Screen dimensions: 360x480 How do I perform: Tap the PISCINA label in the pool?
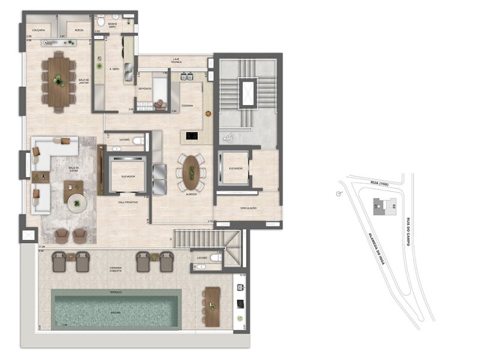click(x=116, y=313)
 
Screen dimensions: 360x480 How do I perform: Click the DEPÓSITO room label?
click(x=145, y=88)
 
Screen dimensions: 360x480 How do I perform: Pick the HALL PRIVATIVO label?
click(x=127, y=202)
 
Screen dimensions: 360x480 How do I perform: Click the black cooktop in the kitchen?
click(x=192, y=136)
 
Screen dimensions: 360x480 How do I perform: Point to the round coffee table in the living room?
click(x=77, y=203)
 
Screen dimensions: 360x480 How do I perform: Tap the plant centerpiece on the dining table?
click(x=58, y=79)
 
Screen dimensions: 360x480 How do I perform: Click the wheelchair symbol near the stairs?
click(x=227, y=137)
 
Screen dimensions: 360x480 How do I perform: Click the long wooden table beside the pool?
click(x=211, y=307)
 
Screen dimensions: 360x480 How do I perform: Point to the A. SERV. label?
click(x=115, y=69)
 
